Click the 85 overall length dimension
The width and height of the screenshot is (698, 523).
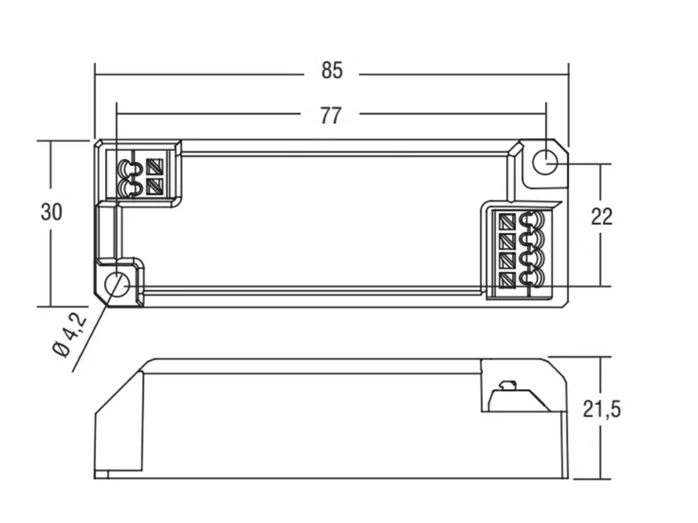[332, 70]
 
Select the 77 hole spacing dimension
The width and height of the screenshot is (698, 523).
[331, 116]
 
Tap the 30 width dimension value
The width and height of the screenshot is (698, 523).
[51, 212]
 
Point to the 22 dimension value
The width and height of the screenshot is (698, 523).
[602, 216]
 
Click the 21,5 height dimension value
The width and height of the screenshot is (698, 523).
[601, 409]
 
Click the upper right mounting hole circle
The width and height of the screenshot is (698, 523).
[545, 162]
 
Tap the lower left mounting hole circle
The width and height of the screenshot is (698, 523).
[117, 285]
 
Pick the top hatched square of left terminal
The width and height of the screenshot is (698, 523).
[155, 167]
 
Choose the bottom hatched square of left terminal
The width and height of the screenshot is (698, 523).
[155, 187]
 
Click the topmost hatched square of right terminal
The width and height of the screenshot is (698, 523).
[508, 221]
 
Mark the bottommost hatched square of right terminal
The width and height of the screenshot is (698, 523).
[508, 281]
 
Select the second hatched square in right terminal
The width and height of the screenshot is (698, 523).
[508, 241]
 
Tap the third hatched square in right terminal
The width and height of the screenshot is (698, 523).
[508, 261]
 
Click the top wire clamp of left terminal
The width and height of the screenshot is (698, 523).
[129, 168]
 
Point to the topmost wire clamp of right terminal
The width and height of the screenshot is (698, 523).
[532, 221]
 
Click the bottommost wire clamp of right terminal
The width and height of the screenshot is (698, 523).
[532, 278]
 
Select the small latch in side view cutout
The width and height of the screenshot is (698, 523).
[507, 384]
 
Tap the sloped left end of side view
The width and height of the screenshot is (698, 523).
[119, 387]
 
